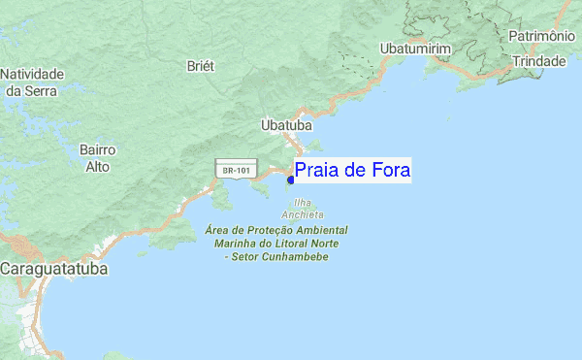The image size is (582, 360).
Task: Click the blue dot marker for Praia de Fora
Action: tap(291, 180)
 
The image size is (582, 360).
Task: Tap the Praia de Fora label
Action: tap(353, 171)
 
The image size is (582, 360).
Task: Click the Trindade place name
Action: tap(539, 60)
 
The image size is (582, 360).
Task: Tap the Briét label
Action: tap(200, 66)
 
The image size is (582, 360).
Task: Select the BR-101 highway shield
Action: tap(236, 171)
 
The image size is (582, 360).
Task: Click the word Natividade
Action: tap(32, 74)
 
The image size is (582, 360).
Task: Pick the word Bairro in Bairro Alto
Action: tap(97, 150)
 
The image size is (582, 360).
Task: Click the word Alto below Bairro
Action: tap(97, 167)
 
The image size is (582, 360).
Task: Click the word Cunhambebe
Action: tap(292, 257)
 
